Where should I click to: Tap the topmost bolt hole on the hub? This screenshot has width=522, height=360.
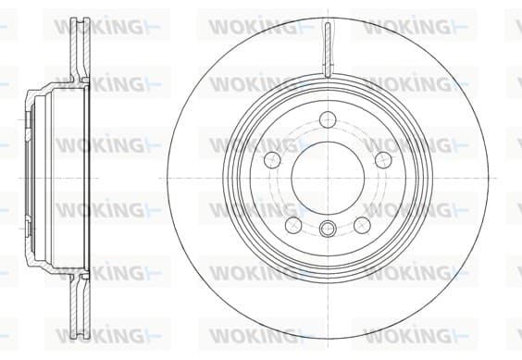coord(328,120)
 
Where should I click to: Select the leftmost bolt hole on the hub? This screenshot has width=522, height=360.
coord(273,160)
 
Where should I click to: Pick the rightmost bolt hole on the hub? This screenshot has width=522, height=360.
coord(383,160)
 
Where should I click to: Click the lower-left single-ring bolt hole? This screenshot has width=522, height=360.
coord(293,225)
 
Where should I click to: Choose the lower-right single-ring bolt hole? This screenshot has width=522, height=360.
coord(362,225)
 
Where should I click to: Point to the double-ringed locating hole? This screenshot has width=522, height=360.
coord(328,228)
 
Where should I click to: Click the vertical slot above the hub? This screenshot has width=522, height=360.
coord(328,50)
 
